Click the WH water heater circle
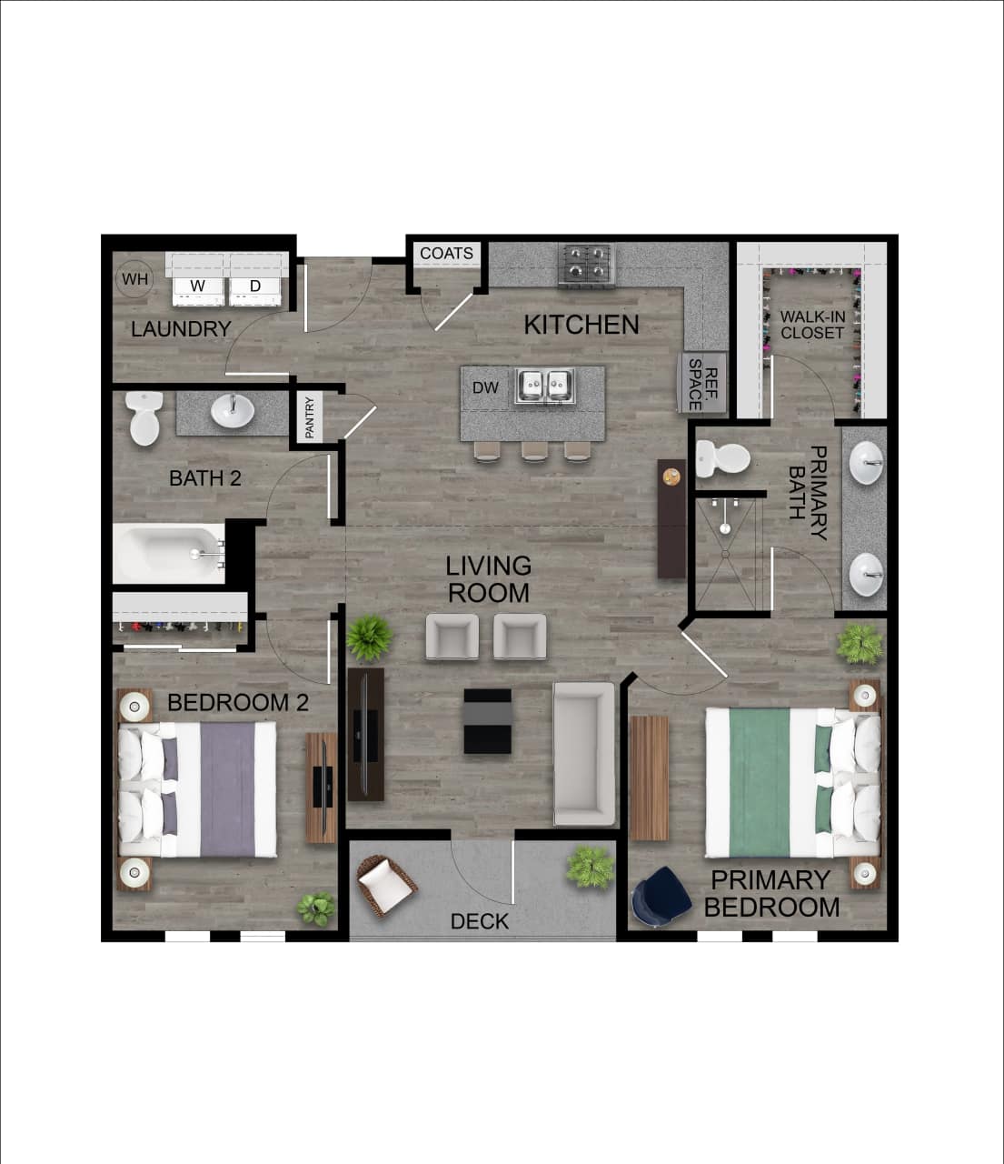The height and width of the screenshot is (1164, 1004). pyautogui.click(x=134, y=279)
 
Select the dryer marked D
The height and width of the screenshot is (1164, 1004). pyautogui.click(x=255, y=286)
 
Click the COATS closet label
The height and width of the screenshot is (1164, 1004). pyautogui.click(x=446, y=253)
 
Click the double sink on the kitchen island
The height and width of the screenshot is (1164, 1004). pyautogui.click(x=544, y=386)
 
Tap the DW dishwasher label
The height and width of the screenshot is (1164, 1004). pyautogui.click(x=485, y=387)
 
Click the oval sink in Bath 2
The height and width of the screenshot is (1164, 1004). pyautogui.click(x=233, y=412)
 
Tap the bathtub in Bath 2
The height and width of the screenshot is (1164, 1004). pyautogui.click(x=168, y=551)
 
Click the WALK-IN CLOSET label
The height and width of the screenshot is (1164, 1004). pyautogui.click(x=811, y=325)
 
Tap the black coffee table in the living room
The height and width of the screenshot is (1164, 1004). pyautogui.click(x=487, y=720)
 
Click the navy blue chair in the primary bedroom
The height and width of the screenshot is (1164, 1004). pyautogui.click(x=661, y=897)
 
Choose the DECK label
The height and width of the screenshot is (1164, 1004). pyautogui.click(x=480, y=921)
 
